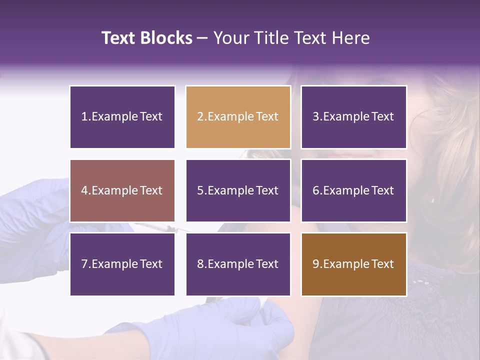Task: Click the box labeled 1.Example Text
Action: [122, 117]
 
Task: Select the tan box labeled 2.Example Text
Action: [238, 117]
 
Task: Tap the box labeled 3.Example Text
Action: [353, 117]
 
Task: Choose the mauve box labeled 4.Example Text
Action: [122, 190]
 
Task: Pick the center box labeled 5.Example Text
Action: [238, 190]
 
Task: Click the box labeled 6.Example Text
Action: [353, 190]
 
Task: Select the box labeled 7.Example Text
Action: [122, 264]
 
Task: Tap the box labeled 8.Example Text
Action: [238, 264]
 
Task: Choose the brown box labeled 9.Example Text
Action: [353, 264]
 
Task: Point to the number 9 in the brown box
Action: [316, 264]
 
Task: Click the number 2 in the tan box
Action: [200, 117]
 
